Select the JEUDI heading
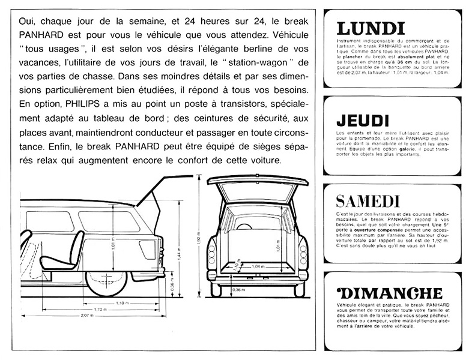(362, 120)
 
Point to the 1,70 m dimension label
(99, 309)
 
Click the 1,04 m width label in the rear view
(258, 266)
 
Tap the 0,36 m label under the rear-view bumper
(238, 290)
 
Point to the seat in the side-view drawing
(69, 249)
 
